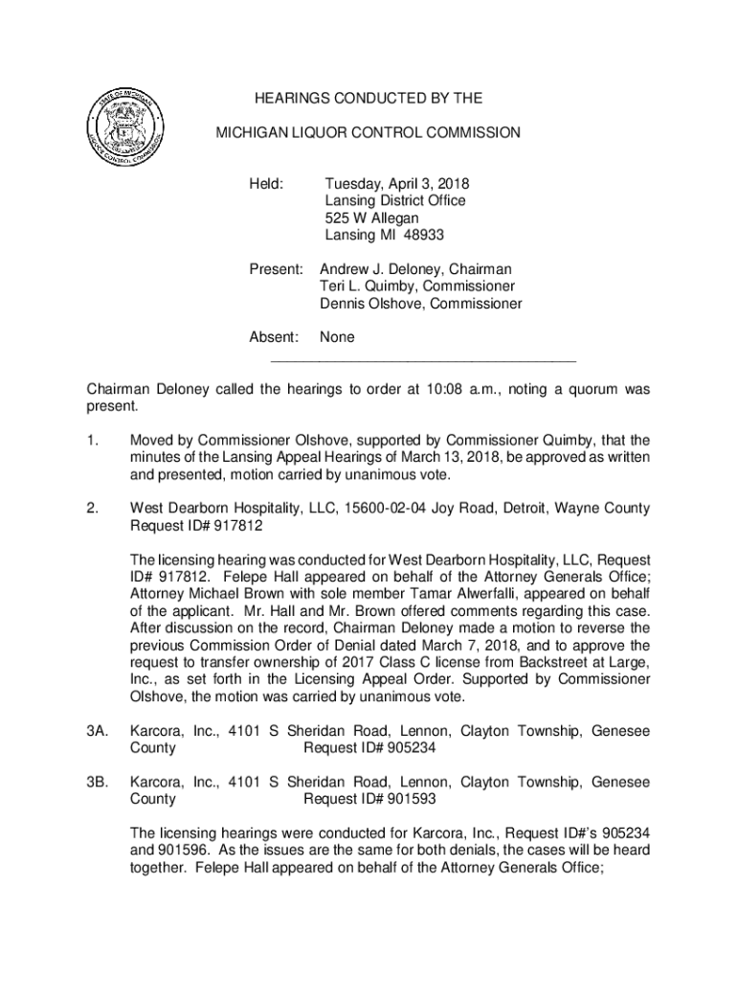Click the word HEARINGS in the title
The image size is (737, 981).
click(x=291, y=99)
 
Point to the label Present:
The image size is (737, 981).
click(x=277, y=270)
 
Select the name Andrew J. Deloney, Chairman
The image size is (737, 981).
click(x=415, y=270)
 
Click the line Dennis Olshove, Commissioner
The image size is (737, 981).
click(x=420, y=305)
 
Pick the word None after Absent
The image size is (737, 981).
click(x=337, y=337)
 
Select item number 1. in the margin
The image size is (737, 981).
click(x=94, y=441)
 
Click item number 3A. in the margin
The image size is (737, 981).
click(x=96, y=732)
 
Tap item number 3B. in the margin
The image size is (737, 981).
click(x=96, y=782)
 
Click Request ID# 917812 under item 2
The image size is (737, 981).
click(x=196, y=526)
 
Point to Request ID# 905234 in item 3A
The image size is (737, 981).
click(x=371, y=748)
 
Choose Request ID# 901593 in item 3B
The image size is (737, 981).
click(x=371, y=799)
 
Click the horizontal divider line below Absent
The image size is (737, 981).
click(x=424, y=361)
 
